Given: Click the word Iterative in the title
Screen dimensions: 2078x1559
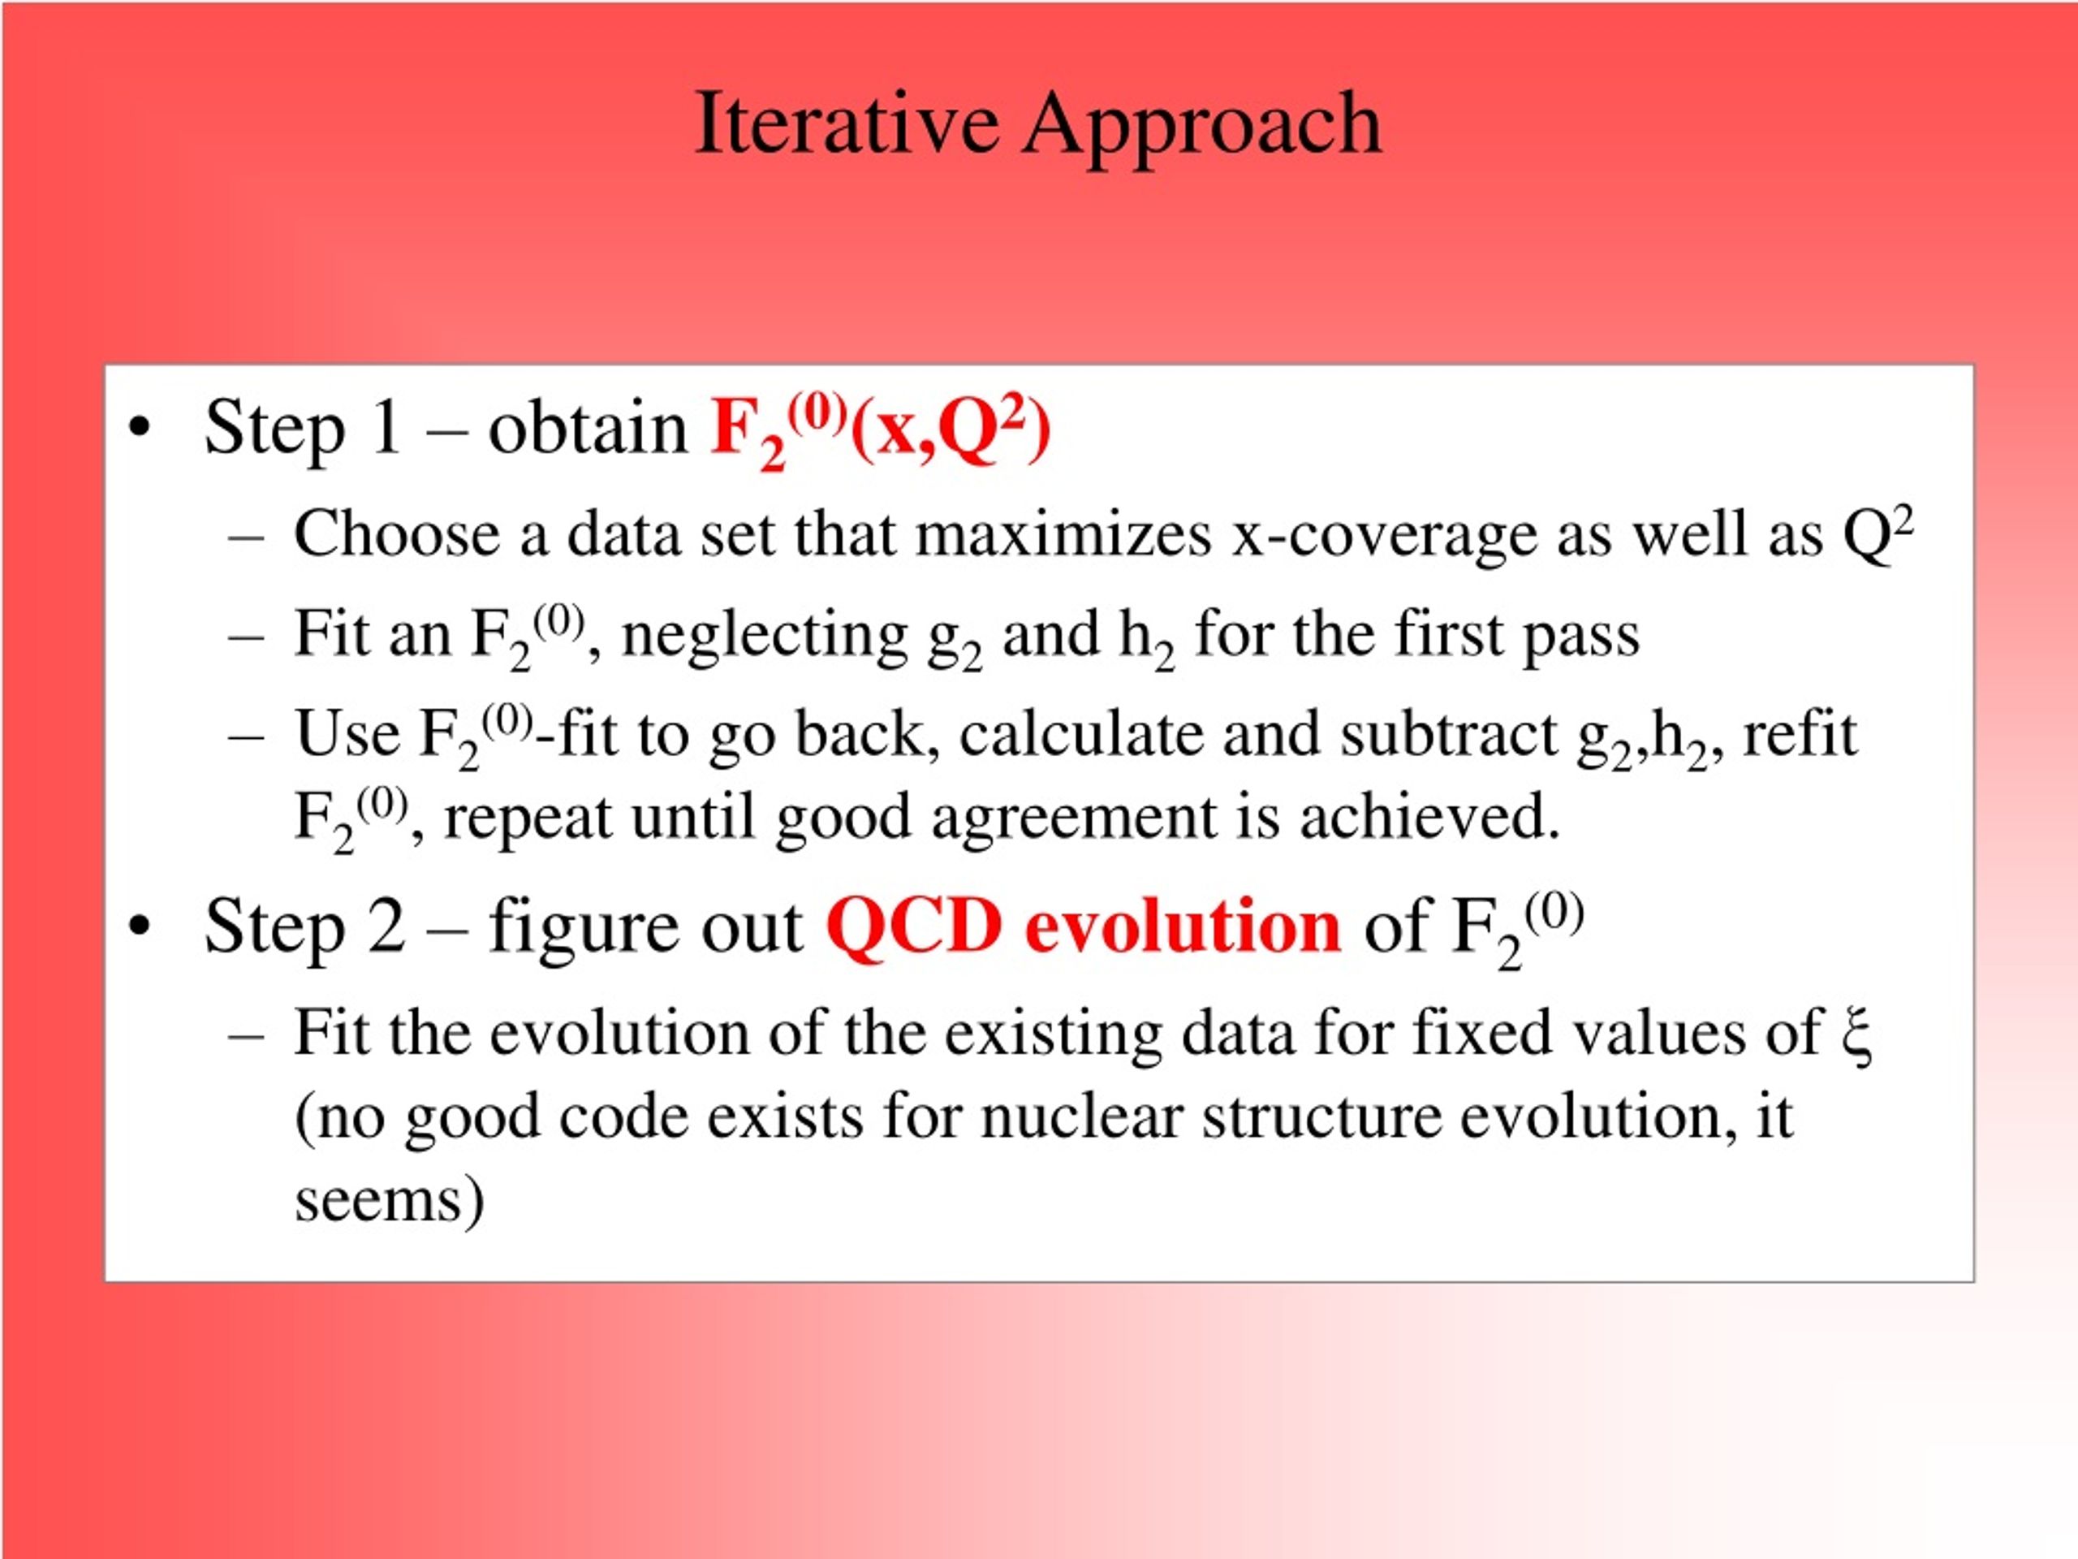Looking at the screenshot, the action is (846, 123).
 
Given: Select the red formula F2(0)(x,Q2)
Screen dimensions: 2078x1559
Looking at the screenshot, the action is (880, 430).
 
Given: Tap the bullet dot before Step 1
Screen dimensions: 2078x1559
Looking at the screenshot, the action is (140, 429).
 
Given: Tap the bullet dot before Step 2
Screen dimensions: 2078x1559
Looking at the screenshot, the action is (140, 926).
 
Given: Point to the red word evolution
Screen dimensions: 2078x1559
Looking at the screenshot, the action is (1183, 926).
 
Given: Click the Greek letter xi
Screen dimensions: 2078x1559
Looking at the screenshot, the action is (1856, 1035).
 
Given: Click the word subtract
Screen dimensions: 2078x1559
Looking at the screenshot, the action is (1449, 734).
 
